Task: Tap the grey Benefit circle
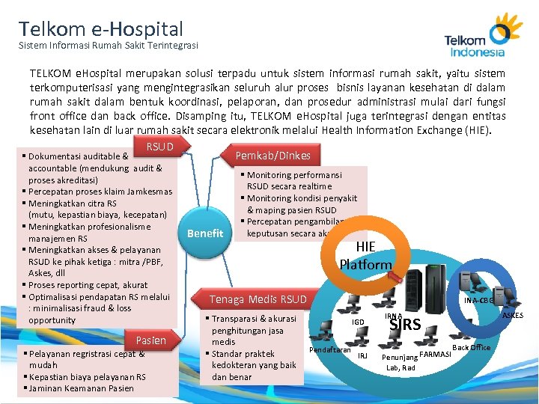(205, 233)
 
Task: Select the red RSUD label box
(159, 147)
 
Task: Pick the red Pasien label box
(151, 340)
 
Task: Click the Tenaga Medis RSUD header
(258, 299)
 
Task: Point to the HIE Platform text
(365, 256)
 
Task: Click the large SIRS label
(406, 325)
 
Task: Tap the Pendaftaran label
(329, 349)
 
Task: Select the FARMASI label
(435, 353)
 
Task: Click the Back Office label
(471, 347)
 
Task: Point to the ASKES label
(512, 315)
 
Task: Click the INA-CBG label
(476, 301)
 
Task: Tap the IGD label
(359, 322)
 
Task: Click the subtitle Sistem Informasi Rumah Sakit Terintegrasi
(109, 46)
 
